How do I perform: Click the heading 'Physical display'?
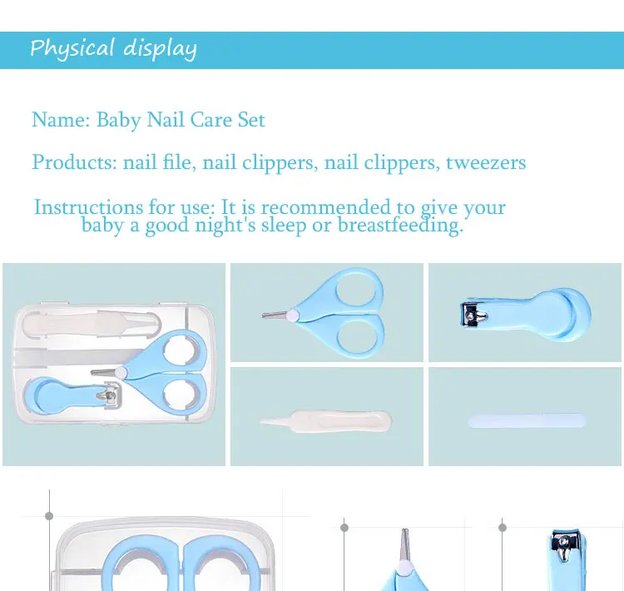click(x=113, y=48)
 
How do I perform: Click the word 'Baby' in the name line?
click(x=119, y=120)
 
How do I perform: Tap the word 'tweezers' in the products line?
click(x=486, y=162)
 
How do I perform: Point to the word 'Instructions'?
click(x=89, y=207)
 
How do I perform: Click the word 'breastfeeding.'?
click(x=401, y=226)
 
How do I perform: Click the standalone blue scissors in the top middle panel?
click(x=326, y=313)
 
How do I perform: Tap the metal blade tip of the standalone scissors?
click(x=275, y=315)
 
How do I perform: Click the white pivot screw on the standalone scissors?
click(x=293, y=315)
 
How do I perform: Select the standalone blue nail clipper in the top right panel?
click(x=525, y=315)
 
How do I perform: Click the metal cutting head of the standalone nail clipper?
click(x=473, y=315)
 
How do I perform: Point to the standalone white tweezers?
click(x=325, y=421)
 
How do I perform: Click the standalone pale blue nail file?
click(x=527, y=421)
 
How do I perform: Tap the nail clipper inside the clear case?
click(x=72, y=395)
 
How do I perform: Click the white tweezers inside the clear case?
click(x=92, y=325)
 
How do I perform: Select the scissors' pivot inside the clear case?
click(x=121, y=373)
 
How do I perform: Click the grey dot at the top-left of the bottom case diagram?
click(x=49, y=516)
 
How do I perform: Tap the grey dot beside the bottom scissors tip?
click(x=344, y=528)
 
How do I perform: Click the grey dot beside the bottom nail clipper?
click(x=503, y=528)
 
